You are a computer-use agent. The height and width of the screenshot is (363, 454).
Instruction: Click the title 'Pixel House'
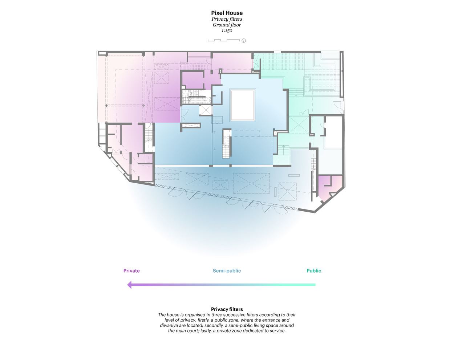tap(227, 13)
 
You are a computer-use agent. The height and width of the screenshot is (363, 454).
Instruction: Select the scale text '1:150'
tap(227, 30)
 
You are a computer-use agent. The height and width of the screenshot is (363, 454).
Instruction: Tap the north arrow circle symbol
tap(244, 41)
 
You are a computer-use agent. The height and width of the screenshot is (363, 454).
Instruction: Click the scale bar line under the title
tap(223, 40)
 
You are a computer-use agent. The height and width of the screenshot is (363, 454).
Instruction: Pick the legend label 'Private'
tap(131, 271)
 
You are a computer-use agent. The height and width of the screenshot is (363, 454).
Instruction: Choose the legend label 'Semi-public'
tap(227, 271)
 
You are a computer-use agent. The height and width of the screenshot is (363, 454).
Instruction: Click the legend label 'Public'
tap(314, 271)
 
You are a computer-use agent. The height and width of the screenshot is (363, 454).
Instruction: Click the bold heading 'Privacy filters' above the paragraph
tap(227, 309)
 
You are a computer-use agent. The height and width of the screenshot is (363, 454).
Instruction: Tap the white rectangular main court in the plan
tap(243, 105)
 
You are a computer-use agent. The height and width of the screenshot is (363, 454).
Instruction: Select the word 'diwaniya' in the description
tap(170, 325)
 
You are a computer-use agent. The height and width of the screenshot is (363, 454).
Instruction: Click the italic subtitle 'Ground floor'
tap(227, 25)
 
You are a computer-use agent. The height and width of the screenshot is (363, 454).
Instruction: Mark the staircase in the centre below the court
tap(227, 144)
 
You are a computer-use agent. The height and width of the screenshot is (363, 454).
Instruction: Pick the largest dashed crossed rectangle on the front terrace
tap(251, 183)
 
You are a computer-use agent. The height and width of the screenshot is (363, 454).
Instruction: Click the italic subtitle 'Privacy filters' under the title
tap(227, 19)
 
